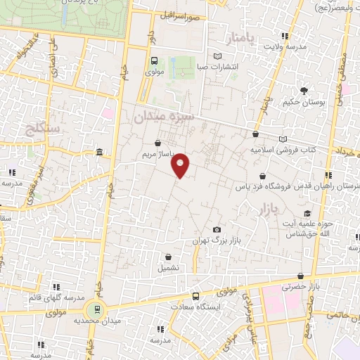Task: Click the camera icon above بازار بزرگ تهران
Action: pyautogui.click(x=217, y=230)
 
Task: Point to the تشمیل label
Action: pyautogui.click(x=169, y=268)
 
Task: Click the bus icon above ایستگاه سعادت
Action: pyautogui.click(x=196, y=296)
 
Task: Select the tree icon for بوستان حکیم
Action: pyautogui.click(x=304, y=91)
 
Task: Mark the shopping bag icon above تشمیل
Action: pyautogui.click(x=169, y=257)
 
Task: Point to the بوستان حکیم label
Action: pyautogui.click(x=304, y=102)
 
